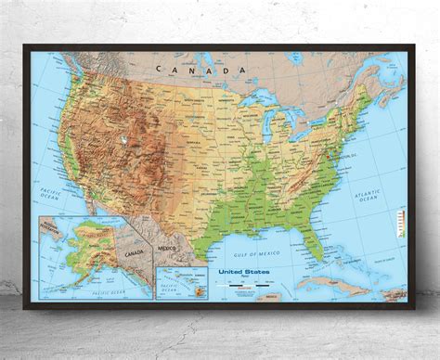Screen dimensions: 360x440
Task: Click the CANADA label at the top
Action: coord(201,70)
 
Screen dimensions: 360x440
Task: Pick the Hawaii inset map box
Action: coord(183,281)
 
